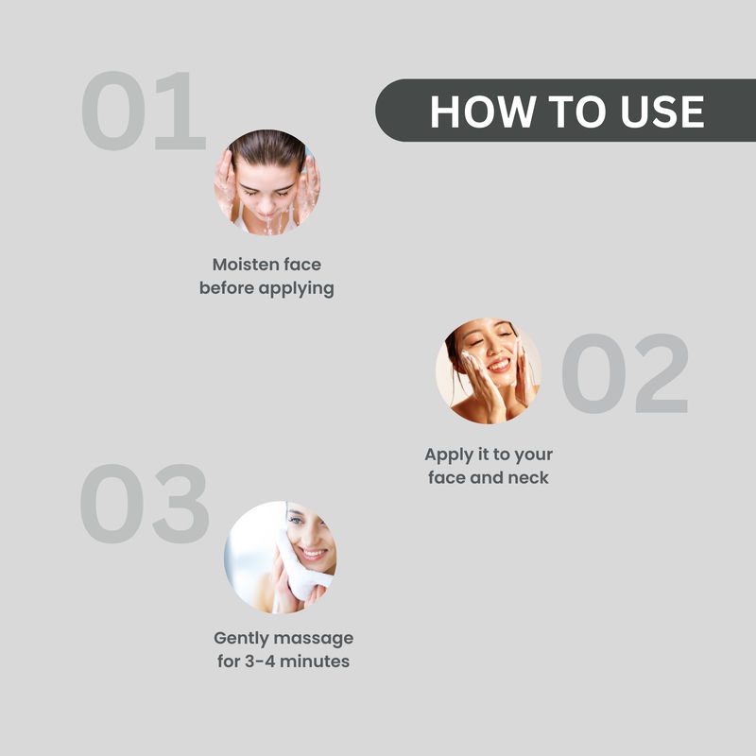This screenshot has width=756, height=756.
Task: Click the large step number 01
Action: point(144,111)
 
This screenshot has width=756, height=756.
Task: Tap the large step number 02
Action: point(625,373)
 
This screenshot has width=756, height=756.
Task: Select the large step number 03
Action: point(145,504)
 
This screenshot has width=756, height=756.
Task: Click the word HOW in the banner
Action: point(483,112)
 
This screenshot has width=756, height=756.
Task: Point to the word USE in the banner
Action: point(662,112)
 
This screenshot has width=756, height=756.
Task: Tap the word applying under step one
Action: point(296,289)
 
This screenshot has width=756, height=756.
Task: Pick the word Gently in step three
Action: point(242,639)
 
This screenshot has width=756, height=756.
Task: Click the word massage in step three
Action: point(314,639)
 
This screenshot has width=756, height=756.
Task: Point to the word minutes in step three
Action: point(315,661)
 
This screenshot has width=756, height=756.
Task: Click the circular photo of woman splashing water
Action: point(267,182)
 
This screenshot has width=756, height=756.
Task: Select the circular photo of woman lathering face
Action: point(489,370)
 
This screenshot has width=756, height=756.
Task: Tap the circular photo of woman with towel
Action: point(280,558)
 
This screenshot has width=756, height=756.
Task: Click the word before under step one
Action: point(227,288)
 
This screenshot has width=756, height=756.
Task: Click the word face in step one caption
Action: point(301,265)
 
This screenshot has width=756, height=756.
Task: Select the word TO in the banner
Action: point(577,112)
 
